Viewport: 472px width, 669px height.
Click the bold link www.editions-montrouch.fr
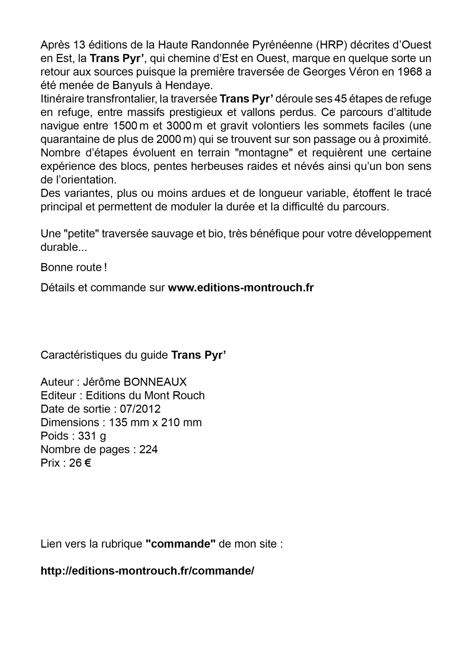[x=241, y=288]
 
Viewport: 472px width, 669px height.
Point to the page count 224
[x=148, y=449]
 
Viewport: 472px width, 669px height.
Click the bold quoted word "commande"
[x=180, y=544]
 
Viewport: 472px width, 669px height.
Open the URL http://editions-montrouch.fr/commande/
[x=147, y=571]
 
